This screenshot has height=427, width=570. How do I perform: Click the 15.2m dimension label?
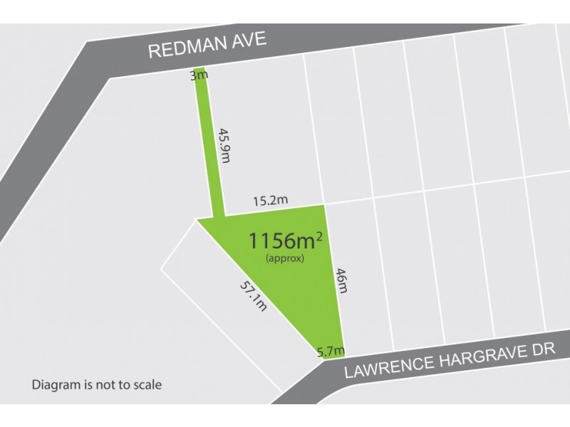271,201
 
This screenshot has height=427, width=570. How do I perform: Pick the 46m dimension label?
341,283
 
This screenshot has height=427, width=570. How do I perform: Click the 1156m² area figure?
283,240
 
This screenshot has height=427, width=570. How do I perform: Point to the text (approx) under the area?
284,258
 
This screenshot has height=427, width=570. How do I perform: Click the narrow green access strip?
209,142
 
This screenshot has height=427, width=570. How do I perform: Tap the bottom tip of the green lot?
323,358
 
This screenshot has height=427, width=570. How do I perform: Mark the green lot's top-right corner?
324,206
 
